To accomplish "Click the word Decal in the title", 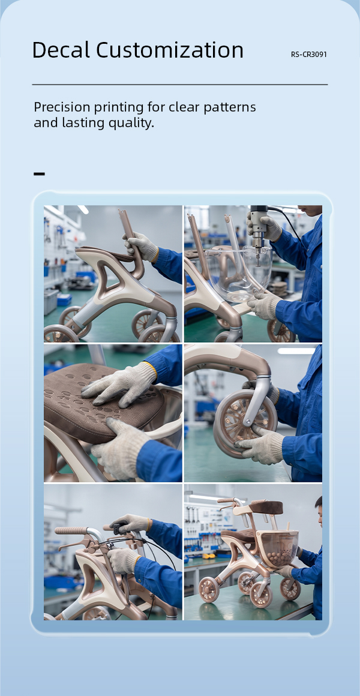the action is [x=61, y=50].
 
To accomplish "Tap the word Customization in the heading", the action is [x=170, y=50].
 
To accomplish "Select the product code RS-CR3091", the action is [x=309, y=55].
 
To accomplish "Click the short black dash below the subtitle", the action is [x=39, y=173].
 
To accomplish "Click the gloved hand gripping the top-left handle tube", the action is [x=141, y=247].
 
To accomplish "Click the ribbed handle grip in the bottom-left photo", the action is [x=71, y=530].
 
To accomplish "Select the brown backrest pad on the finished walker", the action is [x=266, y=507].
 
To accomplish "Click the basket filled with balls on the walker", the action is [x=280, y=549].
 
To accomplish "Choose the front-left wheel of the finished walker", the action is [x=208, y=589].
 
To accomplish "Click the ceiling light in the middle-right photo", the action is [x=296, y=350].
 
